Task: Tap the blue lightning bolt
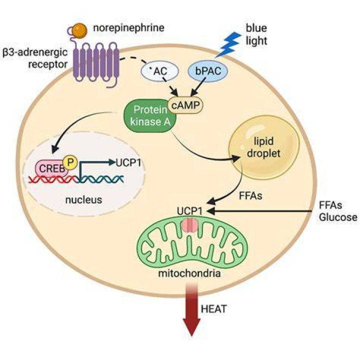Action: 228,44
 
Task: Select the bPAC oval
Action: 208,71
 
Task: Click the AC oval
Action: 160,71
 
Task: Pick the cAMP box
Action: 185,105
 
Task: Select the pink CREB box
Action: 52,169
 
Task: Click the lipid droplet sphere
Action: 264,147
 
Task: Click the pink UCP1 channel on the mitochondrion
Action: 189,225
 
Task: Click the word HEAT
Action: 214,309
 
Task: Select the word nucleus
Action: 83,199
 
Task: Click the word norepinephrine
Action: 128,28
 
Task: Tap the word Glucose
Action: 338,217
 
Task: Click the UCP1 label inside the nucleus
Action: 128,163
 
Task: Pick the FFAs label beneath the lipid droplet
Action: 250,196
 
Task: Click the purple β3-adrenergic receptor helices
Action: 95,61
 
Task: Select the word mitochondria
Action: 189,273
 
